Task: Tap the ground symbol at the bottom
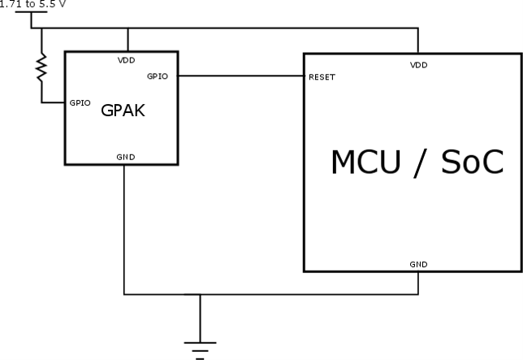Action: pyautogui.click(x=200, y=347)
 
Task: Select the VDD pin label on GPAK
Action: pyautogui.click(x=128, y=59)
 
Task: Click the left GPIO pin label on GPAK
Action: pyautogui.click(x=80, y=103)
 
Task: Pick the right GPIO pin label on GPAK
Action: pyautogui.click(x=157, y=76)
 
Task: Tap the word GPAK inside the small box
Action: pyautogui.click(x=123, y=111)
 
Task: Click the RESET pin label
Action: pyautogui.click(x=322, y=77)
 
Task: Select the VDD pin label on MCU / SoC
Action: pyautogui.click(x=418, y=64)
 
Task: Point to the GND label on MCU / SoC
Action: pyautogui.click(x=418, y=263)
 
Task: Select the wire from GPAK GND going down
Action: pyautogui.click(x=124, y=228)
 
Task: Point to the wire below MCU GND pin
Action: pyautogui.click(x=418, y=283)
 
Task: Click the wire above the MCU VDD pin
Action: pyautogui.click(x=418, y=41)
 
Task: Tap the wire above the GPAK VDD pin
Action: pyautogui.click(x=128, y=41)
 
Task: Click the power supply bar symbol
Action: pyautogui.click(x=31, y=13)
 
